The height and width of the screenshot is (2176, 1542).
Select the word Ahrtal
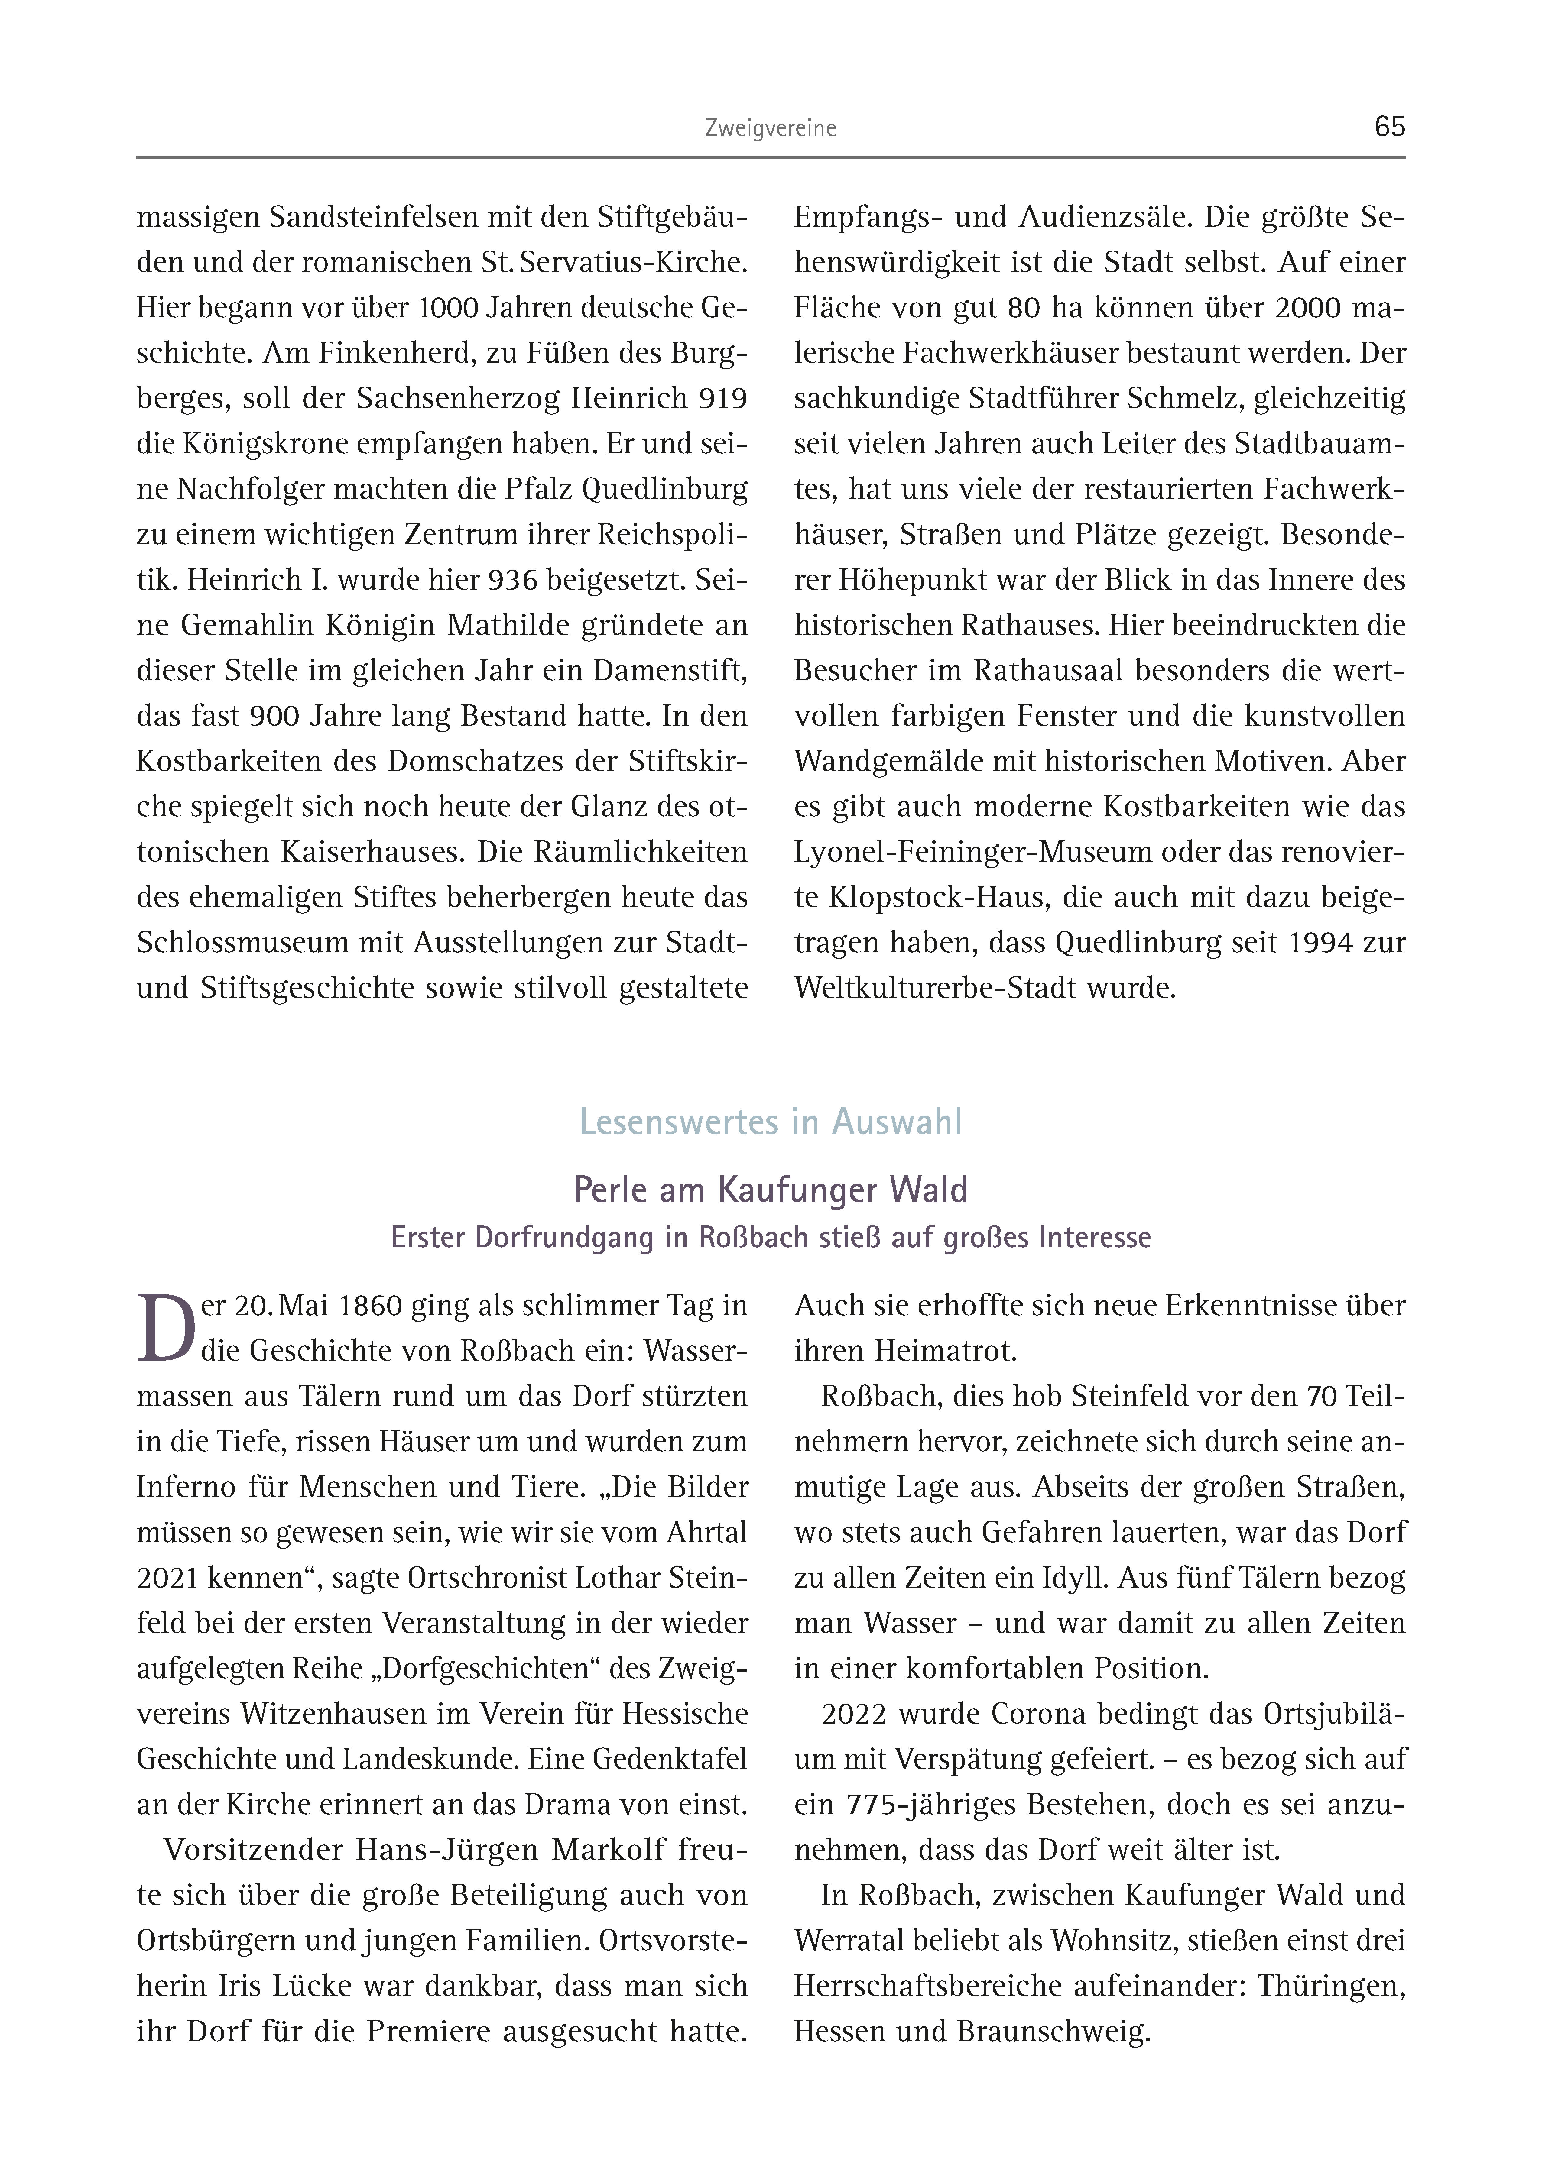(x=707, y=1532)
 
